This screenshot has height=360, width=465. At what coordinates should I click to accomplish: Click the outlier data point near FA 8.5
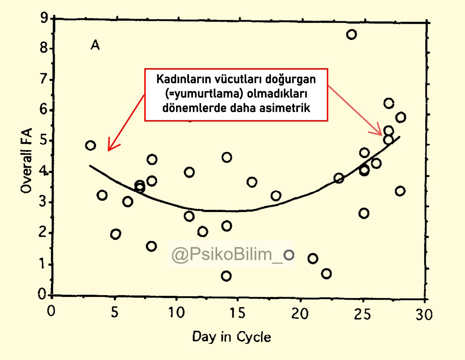pyautogui.click(x=351, y=35)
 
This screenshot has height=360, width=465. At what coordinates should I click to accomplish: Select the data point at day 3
pyautogui.click(x=91, y=145)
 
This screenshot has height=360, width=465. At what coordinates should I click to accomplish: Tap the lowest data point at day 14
pyautogui.click(x=226, y=276)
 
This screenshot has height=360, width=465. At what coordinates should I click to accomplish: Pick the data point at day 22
pyautogui.click(x=326, y=274)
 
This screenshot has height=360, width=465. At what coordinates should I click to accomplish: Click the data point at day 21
pyautogui.click(x=313, y=259)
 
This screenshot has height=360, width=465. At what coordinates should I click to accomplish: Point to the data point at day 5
pyautogui.click(x=115, y=234)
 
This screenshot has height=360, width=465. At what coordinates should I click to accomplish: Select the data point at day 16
pyautogui.click(x=252, y=182)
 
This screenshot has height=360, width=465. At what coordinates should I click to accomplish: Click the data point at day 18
pyautogui.click(x=276, y=196)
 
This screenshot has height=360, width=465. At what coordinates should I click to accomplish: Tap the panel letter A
pyautogui.click(x=95, y=45)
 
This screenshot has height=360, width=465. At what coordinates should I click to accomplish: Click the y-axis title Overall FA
pyautogui.click(x=27, y=161)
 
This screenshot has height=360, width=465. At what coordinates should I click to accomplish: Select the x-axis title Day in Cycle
pyautogui.click(x=231, y=337)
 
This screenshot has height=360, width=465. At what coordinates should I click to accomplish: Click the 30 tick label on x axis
pyautogui.click(x=424, y=315)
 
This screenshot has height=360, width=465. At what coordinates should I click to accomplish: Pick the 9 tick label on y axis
pyautogui.click(x=44, y=17)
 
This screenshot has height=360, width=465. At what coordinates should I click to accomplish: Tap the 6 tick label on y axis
pyautogui.click(x=44, y=109)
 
